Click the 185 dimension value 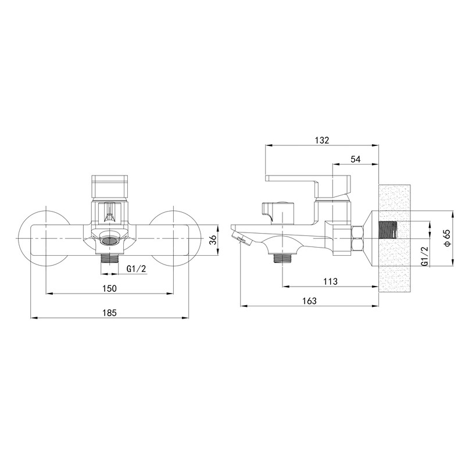[110, 313]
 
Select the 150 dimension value [110, 288]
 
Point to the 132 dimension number [322, 140]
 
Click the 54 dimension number [355, 159]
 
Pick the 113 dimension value [331, 281]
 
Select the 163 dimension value [309, 301]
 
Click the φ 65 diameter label [448, 238]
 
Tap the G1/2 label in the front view [137, 269]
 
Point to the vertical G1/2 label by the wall [425, 257]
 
